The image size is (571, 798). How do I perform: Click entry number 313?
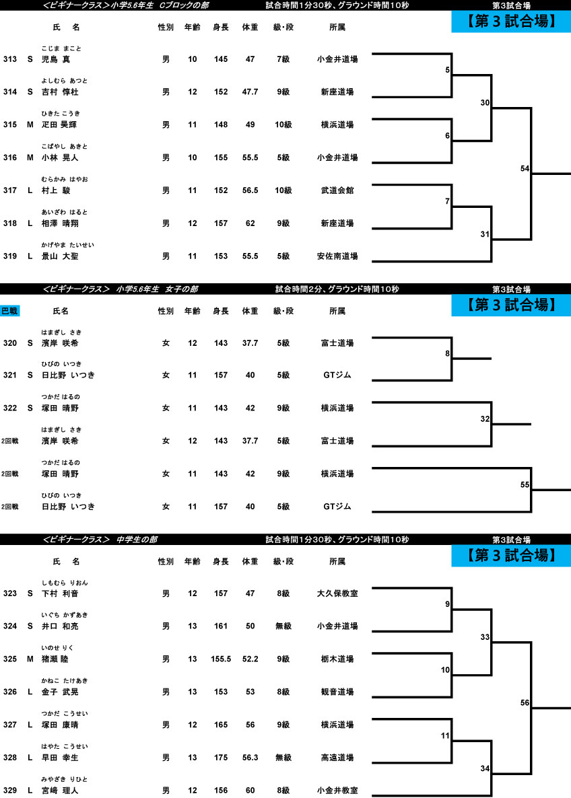click(9, 59)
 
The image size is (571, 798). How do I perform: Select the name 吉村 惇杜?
click(60, 92)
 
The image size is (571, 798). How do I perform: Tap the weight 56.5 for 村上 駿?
click(250, 190)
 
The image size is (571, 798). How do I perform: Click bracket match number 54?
click(525, 168)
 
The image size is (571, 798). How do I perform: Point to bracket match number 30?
click(485, 103)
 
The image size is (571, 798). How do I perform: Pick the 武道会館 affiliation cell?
click(337, 190)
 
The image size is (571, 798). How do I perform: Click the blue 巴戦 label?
click(9, 310)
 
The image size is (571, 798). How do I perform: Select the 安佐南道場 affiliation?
click(337, 256)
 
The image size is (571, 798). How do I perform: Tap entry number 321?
click(9, 375)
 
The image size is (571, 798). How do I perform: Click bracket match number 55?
click(525, 485)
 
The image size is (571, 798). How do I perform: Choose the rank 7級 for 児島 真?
click(283, 59)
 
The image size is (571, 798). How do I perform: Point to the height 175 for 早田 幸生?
click(221, 758)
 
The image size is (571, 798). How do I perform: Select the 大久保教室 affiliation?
click(337, 593)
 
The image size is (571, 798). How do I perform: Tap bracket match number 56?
click(525, 703)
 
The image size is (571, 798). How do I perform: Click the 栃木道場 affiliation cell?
click(337, 659)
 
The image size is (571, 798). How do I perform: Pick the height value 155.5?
click(221, 659)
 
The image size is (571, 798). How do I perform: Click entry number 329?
click(9, 791)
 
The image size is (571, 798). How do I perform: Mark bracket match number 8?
click(447, 354)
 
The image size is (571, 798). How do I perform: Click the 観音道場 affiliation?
click(337, 692)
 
